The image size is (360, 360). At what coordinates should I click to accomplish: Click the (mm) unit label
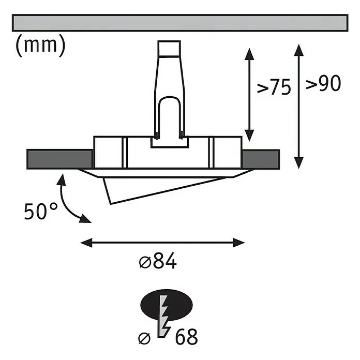[41, 45]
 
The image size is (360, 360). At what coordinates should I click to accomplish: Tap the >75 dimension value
[274, 87]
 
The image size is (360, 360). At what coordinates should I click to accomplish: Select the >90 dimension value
[323, 83]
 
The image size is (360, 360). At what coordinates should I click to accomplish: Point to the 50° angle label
[41, 211]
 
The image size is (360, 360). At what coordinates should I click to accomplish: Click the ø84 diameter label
[158, 261]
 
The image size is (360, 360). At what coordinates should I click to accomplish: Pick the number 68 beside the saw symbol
[186, 337]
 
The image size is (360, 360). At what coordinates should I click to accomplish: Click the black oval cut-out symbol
[167, 305]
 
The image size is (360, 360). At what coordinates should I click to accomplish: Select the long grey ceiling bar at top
[180, 23]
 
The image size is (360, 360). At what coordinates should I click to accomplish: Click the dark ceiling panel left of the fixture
[59, 159]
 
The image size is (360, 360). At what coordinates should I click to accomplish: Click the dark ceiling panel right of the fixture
[261, 159]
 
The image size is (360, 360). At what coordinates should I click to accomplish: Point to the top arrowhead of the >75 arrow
[249, 54]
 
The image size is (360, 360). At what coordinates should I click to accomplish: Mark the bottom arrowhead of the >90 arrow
[298, 163]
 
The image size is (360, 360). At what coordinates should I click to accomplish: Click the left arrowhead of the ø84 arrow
[86, 243]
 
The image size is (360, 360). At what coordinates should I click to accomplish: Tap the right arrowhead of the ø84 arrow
[238, 243]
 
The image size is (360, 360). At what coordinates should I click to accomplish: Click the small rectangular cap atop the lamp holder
[169, 48]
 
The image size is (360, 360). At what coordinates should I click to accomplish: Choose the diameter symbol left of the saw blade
[145, 338]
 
